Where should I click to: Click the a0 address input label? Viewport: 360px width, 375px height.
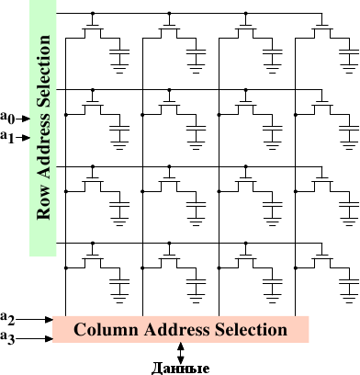coord(7,118)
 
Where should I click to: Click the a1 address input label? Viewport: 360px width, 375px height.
coord(7,137)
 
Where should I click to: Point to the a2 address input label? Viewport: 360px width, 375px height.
coord(7,318)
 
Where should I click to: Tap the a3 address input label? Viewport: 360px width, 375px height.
coord(7,338)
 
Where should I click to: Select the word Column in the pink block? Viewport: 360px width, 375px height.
coord(106,330)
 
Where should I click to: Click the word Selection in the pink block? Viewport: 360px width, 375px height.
coord(251,330)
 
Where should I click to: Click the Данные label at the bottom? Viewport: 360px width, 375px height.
coord(181,369)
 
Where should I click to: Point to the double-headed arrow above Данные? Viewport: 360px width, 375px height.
coord(181,353)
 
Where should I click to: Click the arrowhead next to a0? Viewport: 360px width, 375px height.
coord(26,119)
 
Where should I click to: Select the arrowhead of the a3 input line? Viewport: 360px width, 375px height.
coord(49,338)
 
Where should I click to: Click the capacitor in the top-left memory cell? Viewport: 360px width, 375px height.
coord(119,51)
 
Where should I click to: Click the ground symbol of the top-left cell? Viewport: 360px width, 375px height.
coord(119,69)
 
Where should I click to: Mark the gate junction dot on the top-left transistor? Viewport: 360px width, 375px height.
coord(93,14)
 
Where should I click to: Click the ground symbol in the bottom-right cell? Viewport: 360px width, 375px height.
coord(349,299)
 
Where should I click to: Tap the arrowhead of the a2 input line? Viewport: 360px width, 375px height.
coord(49,319)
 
